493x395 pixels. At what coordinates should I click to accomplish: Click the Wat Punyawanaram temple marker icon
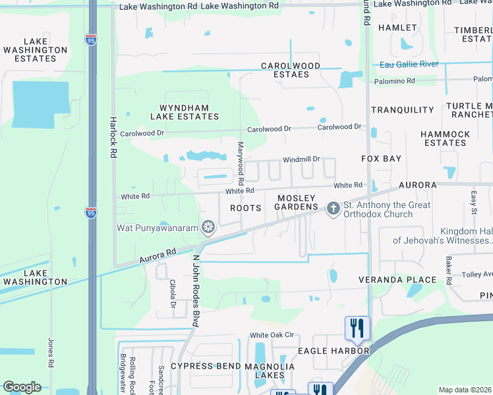coord(209,228)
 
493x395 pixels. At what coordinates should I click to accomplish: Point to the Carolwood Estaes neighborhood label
coord(291,70)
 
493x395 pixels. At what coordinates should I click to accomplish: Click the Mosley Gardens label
coord(297,203)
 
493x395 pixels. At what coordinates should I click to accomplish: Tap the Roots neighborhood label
coord(245,207)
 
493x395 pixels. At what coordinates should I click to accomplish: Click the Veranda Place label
coord(397,280)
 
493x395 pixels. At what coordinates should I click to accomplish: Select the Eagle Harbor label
coord(333,351)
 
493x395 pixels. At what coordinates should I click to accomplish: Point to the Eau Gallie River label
coord(409,65)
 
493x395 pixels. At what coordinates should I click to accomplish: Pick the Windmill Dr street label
coord(301,159)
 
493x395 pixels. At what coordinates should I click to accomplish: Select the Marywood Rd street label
coord(241,163)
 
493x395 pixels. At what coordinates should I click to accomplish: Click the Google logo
coord(22,387)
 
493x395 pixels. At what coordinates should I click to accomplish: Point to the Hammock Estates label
coord(446,138)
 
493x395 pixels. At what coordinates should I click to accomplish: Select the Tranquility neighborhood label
coord(403,110)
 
